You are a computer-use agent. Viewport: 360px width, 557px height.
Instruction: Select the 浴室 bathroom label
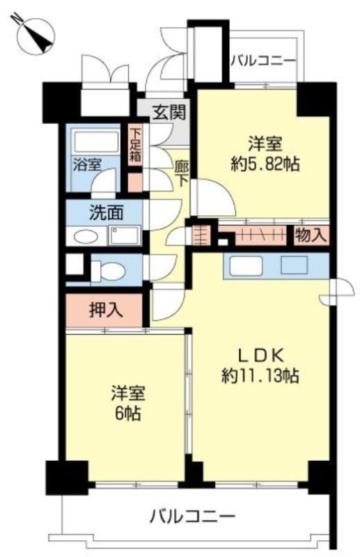(x=88, y=165)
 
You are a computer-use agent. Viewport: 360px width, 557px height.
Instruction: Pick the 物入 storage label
(x=310, y=235)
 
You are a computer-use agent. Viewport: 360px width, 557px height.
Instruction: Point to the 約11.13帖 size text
(x=260, y=376)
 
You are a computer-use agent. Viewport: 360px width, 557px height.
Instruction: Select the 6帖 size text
(x=125, y=414)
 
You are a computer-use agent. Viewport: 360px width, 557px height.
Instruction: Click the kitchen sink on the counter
(x=244, y=266)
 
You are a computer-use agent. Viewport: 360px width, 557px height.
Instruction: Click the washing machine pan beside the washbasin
(x=125, y=235)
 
